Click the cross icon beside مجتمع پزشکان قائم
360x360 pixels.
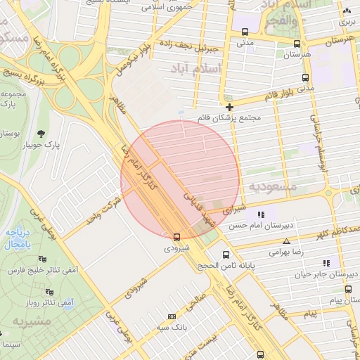click(x=229, y=107)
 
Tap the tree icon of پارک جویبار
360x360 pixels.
click(x=41, y=134)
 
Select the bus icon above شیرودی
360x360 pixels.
click(x=176, y=236)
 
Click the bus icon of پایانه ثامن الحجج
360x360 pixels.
click(x=226, y=254)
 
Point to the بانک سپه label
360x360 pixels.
click(x=170, y=328)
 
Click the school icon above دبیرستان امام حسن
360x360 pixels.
click(x=261, y=214)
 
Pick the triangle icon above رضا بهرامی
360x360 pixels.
click(x=285, y=240)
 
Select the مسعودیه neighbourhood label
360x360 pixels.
click(x=274, y=187)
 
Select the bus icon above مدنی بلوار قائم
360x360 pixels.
click(x=304, y=77)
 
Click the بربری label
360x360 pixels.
click(x=347, y=22)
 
